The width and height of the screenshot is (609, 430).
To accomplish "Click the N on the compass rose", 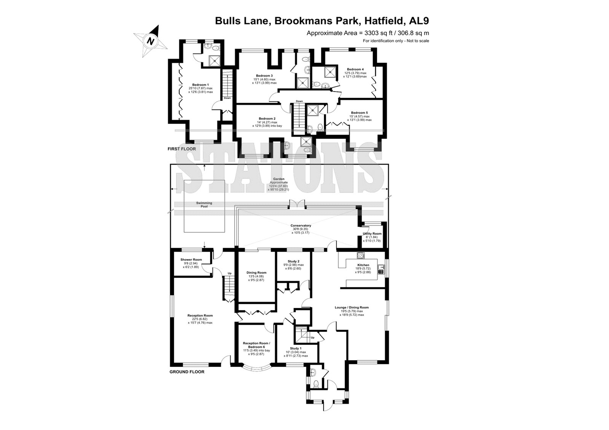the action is (150, 41).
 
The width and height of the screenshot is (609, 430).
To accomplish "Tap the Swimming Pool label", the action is (204, 205).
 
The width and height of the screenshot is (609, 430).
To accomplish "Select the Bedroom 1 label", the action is (200, 85).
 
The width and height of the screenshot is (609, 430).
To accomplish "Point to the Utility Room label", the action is (372, 233).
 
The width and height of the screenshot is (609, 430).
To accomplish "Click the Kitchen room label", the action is (363, 265).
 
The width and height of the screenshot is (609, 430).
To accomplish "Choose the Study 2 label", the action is (293, 261).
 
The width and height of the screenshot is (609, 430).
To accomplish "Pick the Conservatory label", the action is (301, 225).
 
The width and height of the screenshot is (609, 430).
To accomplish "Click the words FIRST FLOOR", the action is (182, 149).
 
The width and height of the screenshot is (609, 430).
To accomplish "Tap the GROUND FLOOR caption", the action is (187, 371).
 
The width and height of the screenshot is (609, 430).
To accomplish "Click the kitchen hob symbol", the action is (360, 255).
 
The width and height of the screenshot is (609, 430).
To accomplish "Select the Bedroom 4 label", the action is (355, 69).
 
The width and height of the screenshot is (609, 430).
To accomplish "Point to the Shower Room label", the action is (191, 260).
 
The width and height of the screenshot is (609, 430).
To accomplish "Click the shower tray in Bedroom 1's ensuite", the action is (214, 61).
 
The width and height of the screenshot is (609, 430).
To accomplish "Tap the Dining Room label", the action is (257, 273).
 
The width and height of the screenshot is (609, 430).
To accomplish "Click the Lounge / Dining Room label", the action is (352, 308).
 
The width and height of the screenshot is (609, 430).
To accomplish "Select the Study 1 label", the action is (295, 348).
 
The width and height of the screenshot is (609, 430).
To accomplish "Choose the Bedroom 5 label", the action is (359, 113).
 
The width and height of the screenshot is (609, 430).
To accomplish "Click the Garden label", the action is (279, 179).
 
